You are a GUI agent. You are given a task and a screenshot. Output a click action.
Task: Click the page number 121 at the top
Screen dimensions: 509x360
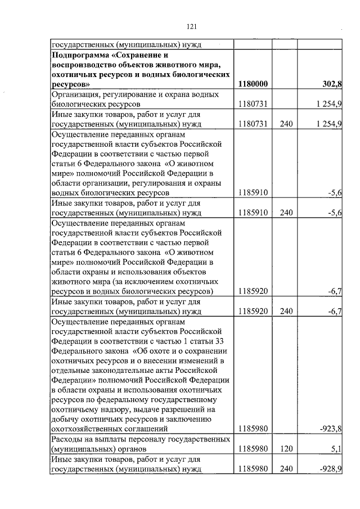tap(191, 26)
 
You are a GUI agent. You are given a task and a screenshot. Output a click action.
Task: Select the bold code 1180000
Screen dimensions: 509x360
tap(253, 84)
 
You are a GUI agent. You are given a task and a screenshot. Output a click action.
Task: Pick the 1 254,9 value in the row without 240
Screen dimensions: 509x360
tap(327, 104)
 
